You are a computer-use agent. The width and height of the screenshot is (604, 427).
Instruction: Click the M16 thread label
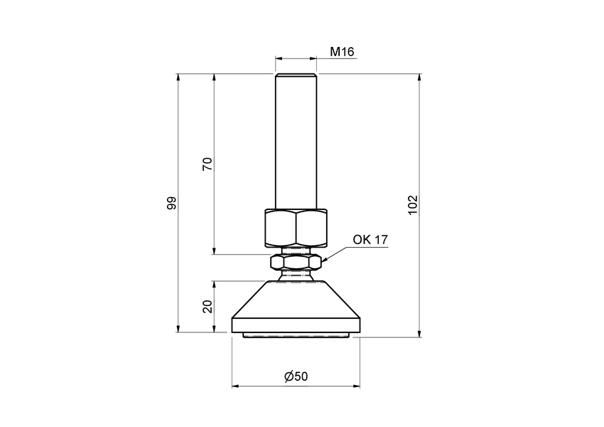pos(342,52)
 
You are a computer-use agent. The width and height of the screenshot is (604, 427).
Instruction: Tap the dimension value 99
pos(171,203)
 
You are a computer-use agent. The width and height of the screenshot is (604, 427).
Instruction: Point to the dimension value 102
pos(414,204)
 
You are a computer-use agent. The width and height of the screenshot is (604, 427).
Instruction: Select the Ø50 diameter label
pos(296,376)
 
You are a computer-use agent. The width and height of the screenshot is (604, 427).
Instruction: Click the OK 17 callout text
pos(370,240)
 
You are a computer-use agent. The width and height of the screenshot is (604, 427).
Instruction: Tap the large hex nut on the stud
pos(296,226)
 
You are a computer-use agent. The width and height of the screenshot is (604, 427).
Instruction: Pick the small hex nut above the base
pos(296,263)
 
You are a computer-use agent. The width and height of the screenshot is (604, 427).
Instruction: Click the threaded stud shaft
pos(296,142)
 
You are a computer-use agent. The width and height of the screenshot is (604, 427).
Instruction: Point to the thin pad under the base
pos(296,335)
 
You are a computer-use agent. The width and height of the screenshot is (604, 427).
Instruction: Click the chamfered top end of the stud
pos(296,75)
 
